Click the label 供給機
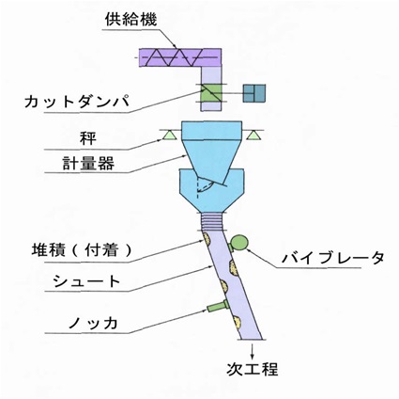[130, 20]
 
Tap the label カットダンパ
[77, 102]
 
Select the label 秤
[87, 138]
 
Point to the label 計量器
[88, 163]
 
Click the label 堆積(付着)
[82, 250]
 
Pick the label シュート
[86, 281]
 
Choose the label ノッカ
[93, 323]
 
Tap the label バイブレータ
[333, 258]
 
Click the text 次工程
[253, 369]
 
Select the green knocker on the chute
[218, 306]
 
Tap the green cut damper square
[211, 93]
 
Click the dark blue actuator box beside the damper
[254, 93]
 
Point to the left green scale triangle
[168, 135]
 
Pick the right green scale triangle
[253, 135]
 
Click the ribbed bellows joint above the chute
[211, 221]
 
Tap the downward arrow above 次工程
[252, 350]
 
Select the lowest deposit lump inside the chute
[238, 322]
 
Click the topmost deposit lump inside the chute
[207, 239]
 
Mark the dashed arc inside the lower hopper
[206, 187]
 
